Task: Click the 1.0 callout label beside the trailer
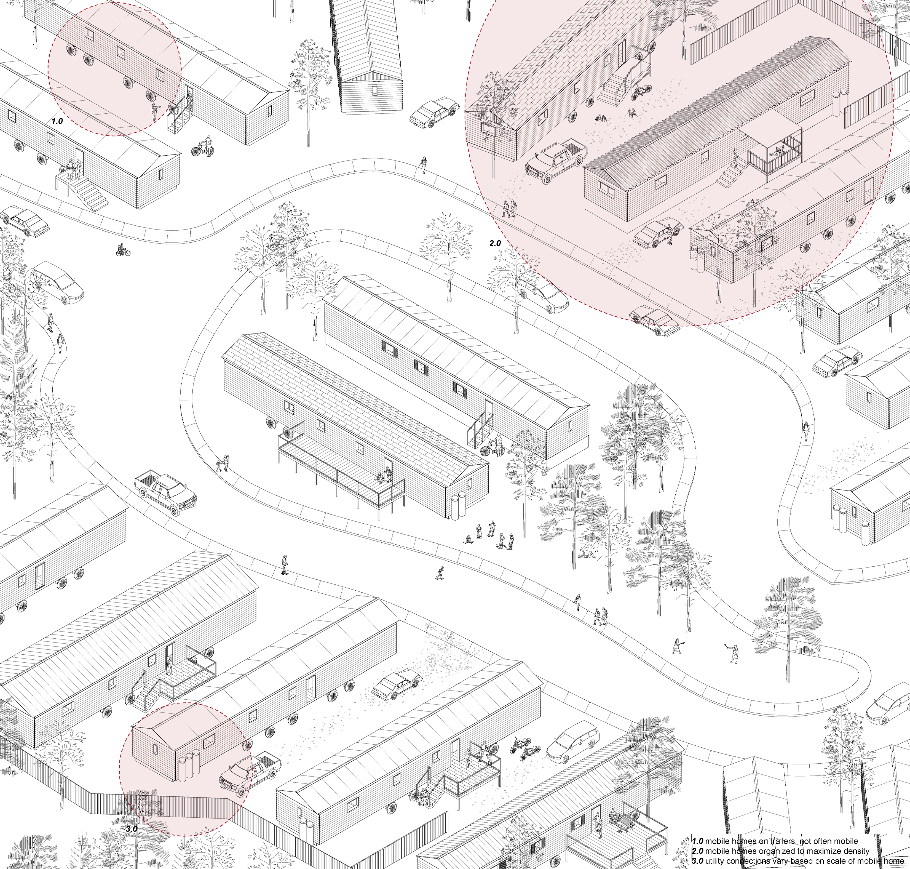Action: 57,121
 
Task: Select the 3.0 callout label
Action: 132,829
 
